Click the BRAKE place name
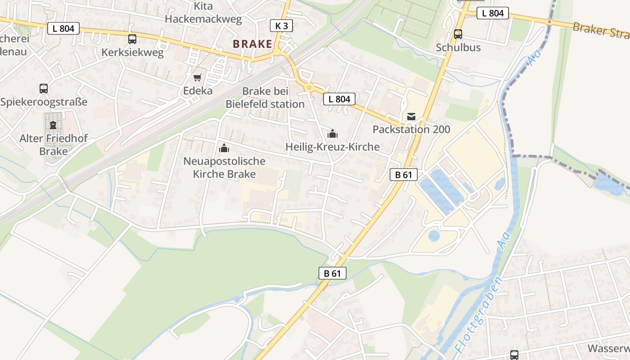[x=252, y=44]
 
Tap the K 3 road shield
[x=281, y=26]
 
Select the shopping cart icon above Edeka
[x=198, y=77]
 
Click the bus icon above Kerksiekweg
[x=132, y=39]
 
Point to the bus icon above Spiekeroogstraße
[x=44, y=89]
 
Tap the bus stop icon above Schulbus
[x=458, y=34]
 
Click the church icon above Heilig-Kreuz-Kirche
[x=333, y=134]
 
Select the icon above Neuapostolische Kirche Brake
[x=224, y=148]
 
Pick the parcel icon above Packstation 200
[x=411, y=117]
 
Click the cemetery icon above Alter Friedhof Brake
[x=53, y=125]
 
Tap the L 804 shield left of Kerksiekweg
[x=63, y=28]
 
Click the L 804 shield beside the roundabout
[x=339, y=99]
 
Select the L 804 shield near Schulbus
[x=493, y=13]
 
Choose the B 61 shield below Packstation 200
[x=404, y=175]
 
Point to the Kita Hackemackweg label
[x=203, y=13]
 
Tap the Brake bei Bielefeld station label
[x=265, y=98]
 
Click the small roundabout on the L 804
[x=308, y=88]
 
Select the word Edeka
[x=198, y=90]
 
